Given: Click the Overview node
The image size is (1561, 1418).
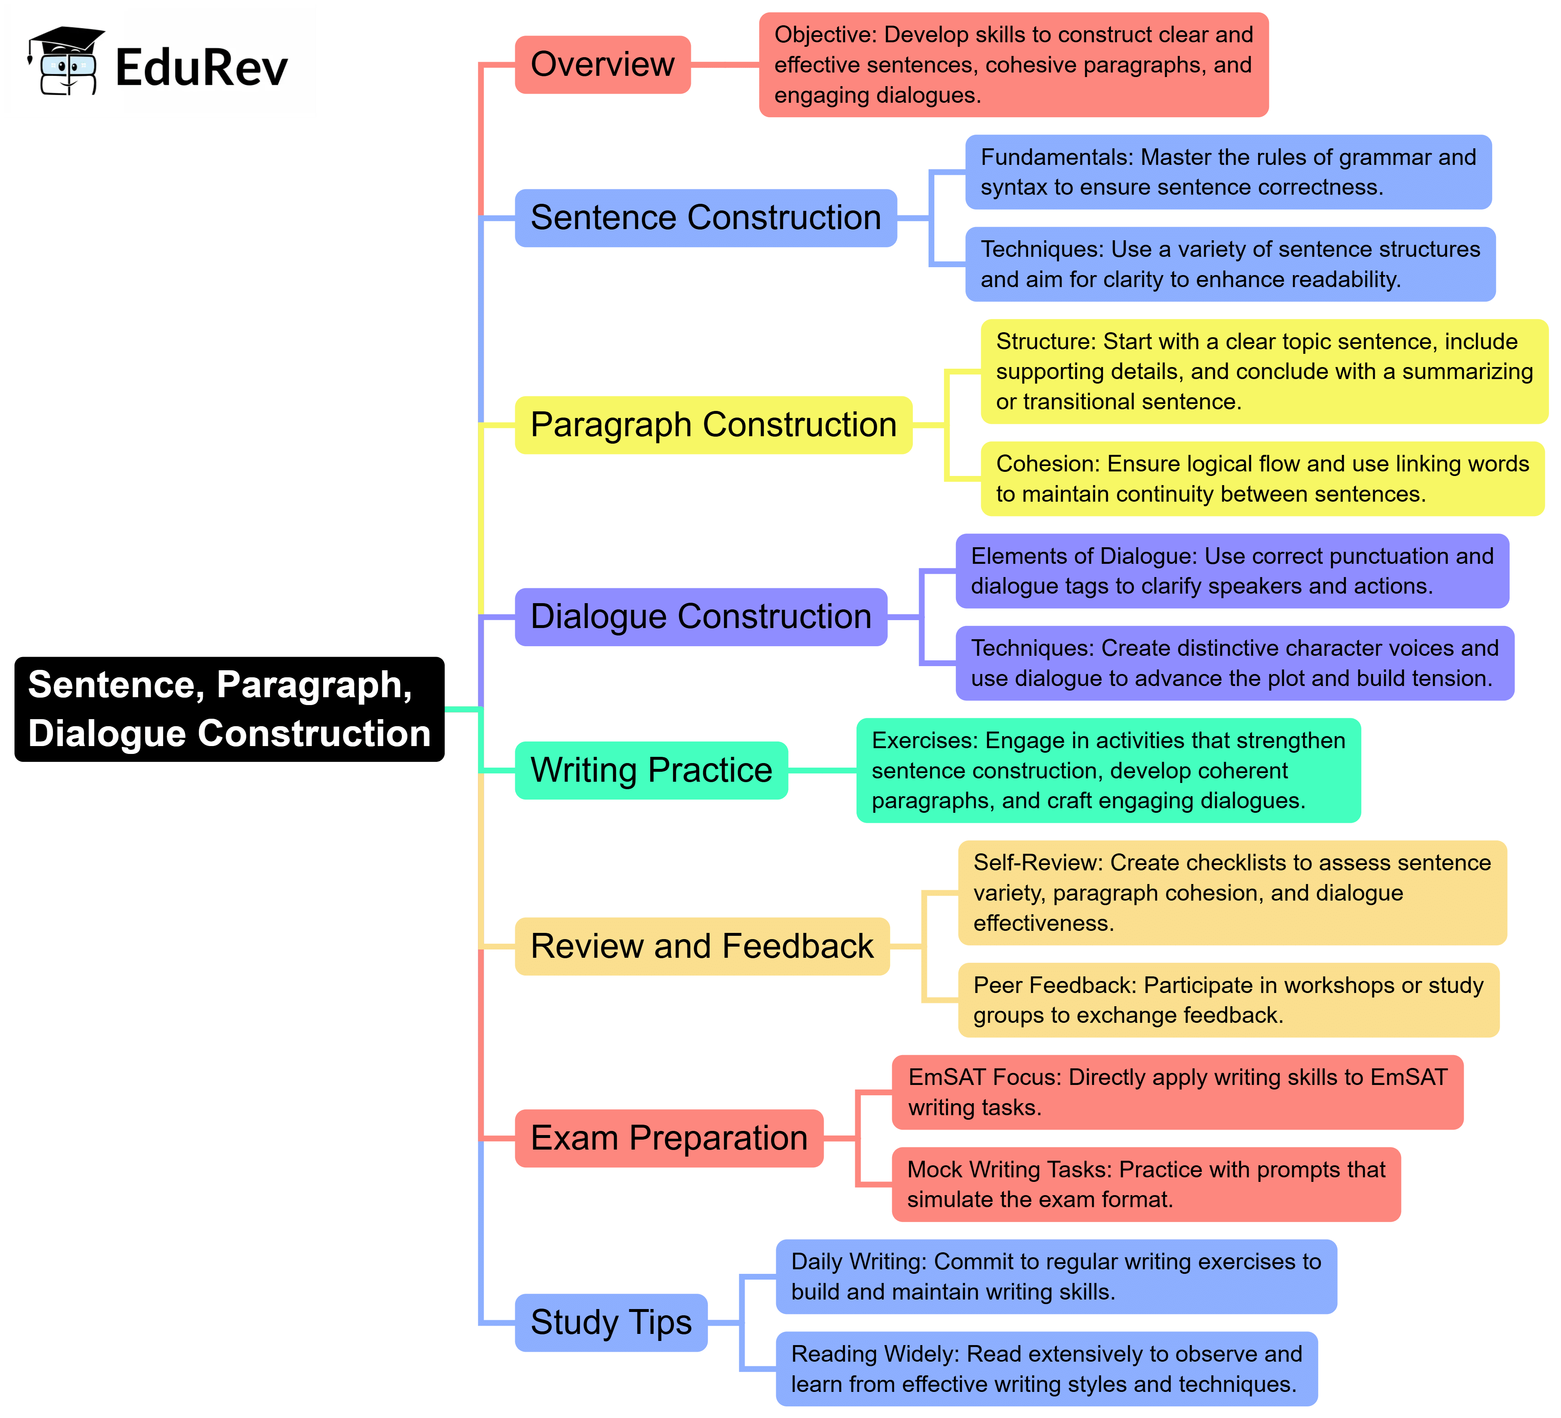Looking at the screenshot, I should [603, 65].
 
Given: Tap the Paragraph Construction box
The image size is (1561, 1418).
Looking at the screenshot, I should [713, 425].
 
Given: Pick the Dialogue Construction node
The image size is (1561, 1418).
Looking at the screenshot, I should [701, 617].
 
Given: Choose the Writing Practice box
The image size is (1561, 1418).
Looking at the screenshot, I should [651, 771].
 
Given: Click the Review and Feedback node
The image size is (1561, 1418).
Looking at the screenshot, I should [702, 946].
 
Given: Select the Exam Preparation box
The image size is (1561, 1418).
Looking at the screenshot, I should [669, 1138].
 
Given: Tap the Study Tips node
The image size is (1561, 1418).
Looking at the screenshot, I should [611, 1323].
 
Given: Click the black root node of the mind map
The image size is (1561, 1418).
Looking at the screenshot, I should [229, 709].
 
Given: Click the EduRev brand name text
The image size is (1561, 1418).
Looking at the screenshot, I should [201, 68].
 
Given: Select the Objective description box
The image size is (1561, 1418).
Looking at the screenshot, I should [1013, 65].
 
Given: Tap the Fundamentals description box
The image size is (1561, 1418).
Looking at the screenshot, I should [1228, 172].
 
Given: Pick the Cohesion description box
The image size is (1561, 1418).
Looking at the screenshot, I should [1262, 478].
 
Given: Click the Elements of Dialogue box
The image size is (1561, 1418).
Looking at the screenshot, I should [1232, 571].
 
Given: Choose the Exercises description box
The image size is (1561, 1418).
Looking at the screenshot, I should [1108, 771].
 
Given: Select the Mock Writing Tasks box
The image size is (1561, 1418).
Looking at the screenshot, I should [1146, 1184].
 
